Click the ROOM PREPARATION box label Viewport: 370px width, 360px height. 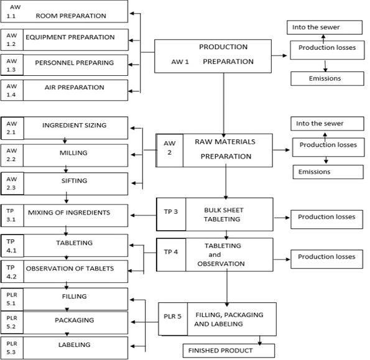pyautogui.click(x=71, y=16)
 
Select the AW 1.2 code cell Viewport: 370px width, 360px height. pyautogui.click(x=12, y=40)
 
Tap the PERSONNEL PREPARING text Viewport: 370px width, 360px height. pyautogui.click(x=75, y=63)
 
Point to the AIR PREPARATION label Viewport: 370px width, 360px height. pyautogui.click(x=75, y=87)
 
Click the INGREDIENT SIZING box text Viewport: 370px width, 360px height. pyautogui.click(x=75, y=125)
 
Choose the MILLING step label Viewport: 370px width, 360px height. pyautogui.click(x=73, y=153)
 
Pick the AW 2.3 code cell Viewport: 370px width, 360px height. pyautogui.click(x=12, y=183)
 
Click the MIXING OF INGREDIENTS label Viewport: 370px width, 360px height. pyautogui.click(x=69, y=213)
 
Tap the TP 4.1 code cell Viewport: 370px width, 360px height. pyautogui.click(x=12, y=246)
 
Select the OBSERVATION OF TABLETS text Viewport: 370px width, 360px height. pyautogui.click(x=70, y=269)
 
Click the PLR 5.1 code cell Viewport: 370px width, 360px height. pyautogui.click(x=12, y=299)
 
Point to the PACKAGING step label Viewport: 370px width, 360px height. pyautogui.click(x=75, y=320)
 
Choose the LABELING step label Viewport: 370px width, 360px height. pyautogui.click(x=75, y=344)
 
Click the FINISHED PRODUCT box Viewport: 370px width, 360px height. pyautogui.click(x=229, y=351)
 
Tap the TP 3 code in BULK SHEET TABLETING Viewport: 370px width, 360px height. pyautogui.click(x=171, y=211)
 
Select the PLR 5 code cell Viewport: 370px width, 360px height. pyautogui.click(x=173, y=319)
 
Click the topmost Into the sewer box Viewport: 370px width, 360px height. pyautogui.click(x=325, y=27)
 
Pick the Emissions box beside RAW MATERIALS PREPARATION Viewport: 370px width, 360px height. pyautogui.click(x=328, y=172)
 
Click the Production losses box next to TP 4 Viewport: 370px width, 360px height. pyautogui.click(x=327, y=259)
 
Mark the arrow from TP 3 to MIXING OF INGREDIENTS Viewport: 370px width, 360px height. pyautogui.click(x=143, y=215)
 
